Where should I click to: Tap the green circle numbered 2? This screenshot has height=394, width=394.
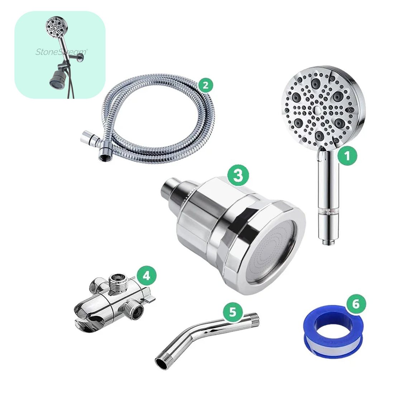(205, 85)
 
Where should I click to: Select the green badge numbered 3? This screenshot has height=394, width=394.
(238, 176)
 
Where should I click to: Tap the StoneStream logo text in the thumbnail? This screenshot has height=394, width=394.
(61, 52)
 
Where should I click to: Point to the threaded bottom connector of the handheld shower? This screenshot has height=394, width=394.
(326, 242)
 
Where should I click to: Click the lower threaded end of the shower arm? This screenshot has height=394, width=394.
(162, 362)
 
